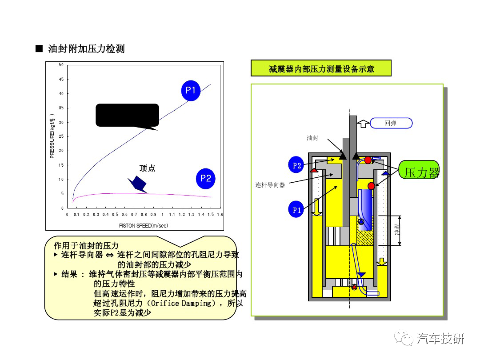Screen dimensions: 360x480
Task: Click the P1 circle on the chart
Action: click(191, 91)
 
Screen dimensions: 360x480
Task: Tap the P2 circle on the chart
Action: click(205, 179)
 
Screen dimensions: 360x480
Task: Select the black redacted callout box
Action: click(128, 115)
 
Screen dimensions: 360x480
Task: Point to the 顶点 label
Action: click(148, 168)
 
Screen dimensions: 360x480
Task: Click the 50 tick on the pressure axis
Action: click(61, 65)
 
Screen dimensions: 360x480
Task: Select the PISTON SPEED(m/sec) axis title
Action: click(144, 226)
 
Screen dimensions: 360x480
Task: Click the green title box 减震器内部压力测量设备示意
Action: click(321, 69)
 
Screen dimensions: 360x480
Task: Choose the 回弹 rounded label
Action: click(391, 123)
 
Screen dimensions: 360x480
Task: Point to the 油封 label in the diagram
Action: click(312, 138)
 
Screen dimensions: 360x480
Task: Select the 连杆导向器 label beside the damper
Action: click(270, 185)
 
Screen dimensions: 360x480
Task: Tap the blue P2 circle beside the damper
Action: click(297, 166)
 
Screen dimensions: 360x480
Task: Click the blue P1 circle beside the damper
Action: click(296, 211)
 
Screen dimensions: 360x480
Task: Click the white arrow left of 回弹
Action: click(363, 123)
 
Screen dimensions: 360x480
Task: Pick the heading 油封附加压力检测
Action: click(86, 48)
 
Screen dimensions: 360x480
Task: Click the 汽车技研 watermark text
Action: click(440, 339)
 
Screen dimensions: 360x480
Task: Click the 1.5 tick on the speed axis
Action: click(211, 215)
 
